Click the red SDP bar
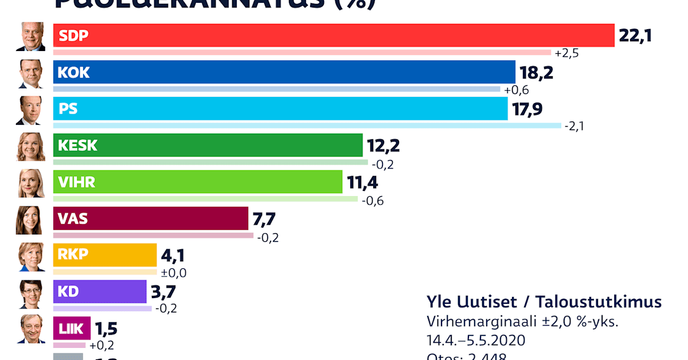[x=333, y=36]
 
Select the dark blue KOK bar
[x=284, y=72]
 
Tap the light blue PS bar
[x=280, y=109]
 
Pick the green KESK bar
[x=208, y=146]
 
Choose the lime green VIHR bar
[x=197, y=182]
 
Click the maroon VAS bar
[x=150, y=218]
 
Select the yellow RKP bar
[x=104, y=255]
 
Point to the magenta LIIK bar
[x=72, y=328]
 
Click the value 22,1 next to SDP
[x=635, y=36]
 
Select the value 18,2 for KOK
[x=536, y=73]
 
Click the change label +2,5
[x=566, y=53]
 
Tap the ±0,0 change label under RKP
[x=174, y=273]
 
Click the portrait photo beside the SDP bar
[x=30, y=37]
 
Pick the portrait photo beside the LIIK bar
[x=30, y=329]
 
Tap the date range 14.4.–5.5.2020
[x=476, y=340]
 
